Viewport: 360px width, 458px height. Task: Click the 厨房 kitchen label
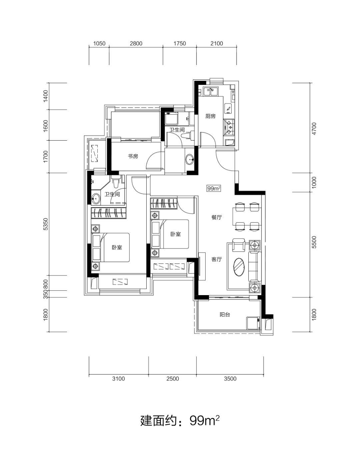210,116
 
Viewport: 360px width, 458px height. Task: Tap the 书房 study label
133,156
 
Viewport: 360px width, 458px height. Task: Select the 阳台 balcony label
225,315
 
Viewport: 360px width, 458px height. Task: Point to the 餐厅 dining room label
217,217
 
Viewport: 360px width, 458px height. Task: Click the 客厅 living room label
217,259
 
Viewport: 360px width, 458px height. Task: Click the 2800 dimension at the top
136,43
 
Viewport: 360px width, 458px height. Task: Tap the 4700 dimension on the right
314,129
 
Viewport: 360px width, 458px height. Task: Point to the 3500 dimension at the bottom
230,379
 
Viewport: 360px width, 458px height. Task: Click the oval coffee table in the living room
239,267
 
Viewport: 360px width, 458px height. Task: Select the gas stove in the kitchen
229,127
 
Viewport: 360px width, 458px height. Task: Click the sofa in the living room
255,266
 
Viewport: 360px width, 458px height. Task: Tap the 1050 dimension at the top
99,43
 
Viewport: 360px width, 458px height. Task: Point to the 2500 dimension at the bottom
173,379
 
